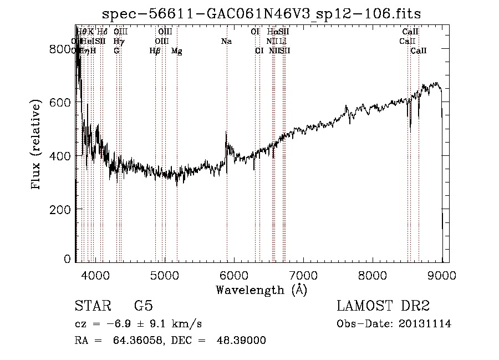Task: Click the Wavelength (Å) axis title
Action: [261, 290]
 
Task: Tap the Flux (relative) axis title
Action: [37, 145]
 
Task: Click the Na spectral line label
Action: [226, 42]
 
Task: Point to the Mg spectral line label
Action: [176, 51]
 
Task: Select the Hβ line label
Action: [155, 51]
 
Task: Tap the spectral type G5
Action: [143, 307]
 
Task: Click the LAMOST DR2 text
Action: [383, 307]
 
